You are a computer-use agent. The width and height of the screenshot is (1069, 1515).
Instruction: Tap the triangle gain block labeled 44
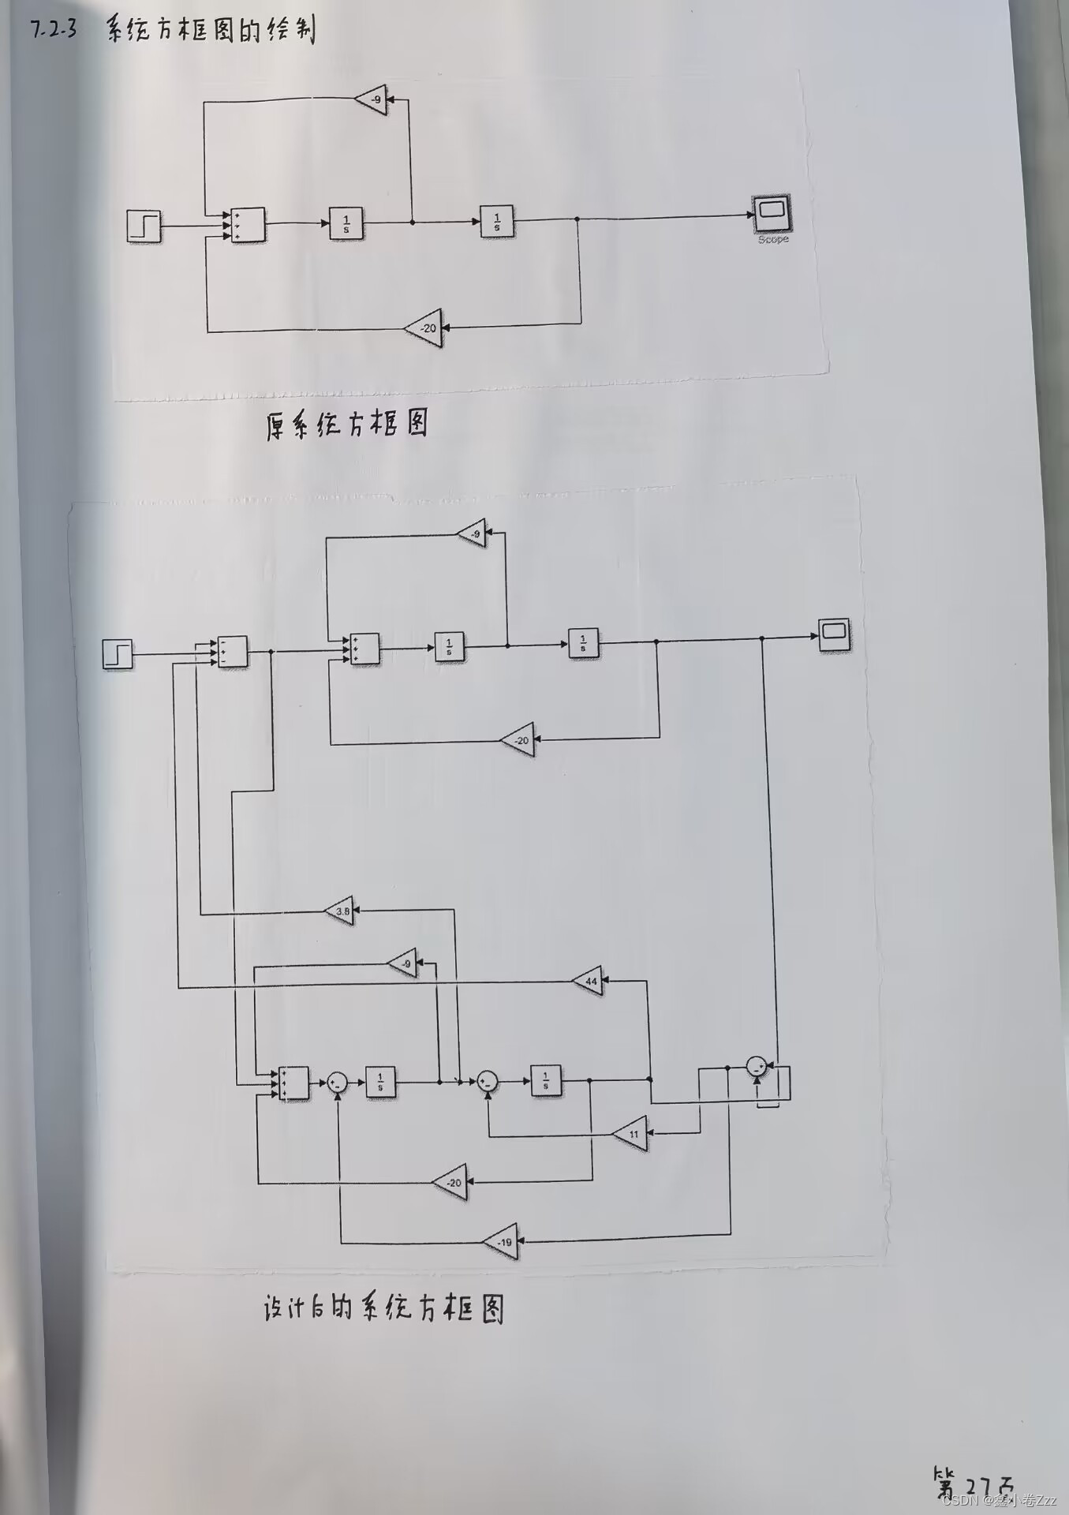(589, 981)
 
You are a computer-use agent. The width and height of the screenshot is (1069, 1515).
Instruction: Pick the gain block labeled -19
(503, 1242)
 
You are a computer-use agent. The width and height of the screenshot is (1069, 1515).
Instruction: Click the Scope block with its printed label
(771, 215)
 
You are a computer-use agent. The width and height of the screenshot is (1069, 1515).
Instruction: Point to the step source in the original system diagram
(144, 226)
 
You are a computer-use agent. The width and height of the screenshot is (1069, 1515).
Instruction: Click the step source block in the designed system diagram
(118, 654)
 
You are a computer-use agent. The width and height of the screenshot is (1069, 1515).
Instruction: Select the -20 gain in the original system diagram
(426, 328)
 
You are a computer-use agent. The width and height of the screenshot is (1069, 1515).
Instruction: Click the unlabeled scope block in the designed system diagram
(834, 634)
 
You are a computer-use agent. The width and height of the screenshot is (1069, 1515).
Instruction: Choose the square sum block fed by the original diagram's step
(248, 225)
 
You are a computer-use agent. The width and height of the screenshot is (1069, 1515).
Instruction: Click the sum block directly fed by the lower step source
(232, 652)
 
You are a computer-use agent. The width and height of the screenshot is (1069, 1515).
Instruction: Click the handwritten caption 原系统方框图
(347, 425)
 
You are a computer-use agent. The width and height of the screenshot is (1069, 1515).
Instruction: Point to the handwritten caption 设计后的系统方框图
(383, 1308)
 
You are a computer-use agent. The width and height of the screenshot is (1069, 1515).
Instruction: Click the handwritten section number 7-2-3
(54, 30)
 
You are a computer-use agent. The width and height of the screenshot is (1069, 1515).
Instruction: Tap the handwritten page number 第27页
(974, 1483)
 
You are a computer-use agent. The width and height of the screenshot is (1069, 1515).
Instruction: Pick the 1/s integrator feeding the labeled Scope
(497, 222)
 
